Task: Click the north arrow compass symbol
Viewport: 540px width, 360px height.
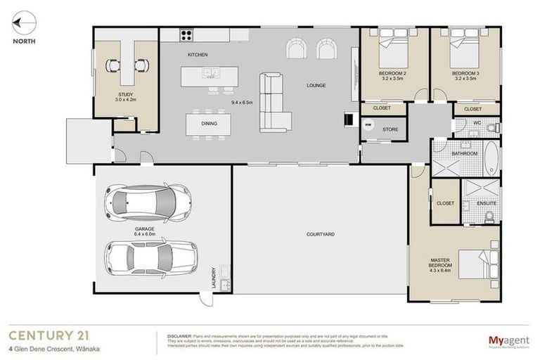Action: coord(22,23)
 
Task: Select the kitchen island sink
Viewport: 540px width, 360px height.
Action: coord(208,72)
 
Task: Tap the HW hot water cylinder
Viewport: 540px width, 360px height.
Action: coord(368,127)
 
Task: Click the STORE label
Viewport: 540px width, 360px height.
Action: coord(390,129)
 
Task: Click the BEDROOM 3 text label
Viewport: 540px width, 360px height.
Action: coord(465,73)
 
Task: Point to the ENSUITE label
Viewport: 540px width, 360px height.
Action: coord(487,203)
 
